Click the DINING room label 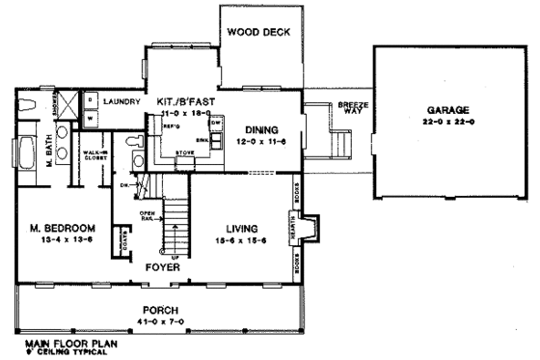tap(261, 127)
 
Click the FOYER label tap(161, 266)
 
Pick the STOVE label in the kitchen tap(184, 152)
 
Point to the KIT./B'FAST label tap(184, 100)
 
